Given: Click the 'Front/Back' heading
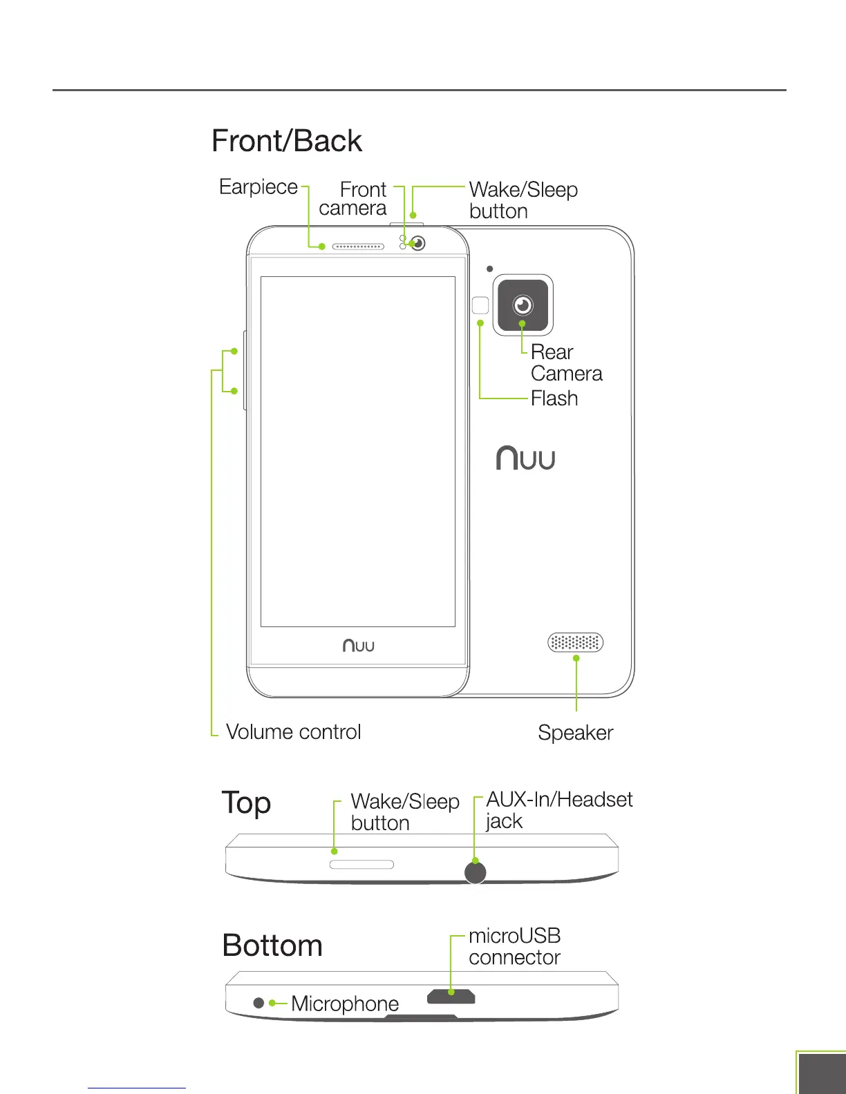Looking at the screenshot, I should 287,141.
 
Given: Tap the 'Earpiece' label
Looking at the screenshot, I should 258,187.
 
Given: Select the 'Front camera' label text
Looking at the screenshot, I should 353,199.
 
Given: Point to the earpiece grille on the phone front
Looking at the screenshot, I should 358,247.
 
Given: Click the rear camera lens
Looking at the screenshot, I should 523,305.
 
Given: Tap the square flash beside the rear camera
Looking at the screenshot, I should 480,305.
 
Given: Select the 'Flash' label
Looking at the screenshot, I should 554,399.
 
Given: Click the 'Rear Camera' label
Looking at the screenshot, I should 566,363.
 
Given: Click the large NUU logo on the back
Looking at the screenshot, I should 526,459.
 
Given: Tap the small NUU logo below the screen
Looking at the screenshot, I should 359,646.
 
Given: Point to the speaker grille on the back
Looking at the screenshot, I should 576,643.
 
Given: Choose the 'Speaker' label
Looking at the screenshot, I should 576,733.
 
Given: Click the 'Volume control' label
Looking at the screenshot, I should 294,732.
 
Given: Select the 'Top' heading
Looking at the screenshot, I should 246,804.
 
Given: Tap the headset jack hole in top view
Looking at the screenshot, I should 476,872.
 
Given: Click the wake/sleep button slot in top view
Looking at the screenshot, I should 361,865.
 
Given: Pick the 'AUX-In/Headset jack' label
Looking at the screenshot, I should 559,810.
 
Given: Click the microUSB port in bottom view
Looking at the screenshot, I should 451,997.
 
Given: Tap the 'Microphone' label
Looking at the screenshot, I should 345,1004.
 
